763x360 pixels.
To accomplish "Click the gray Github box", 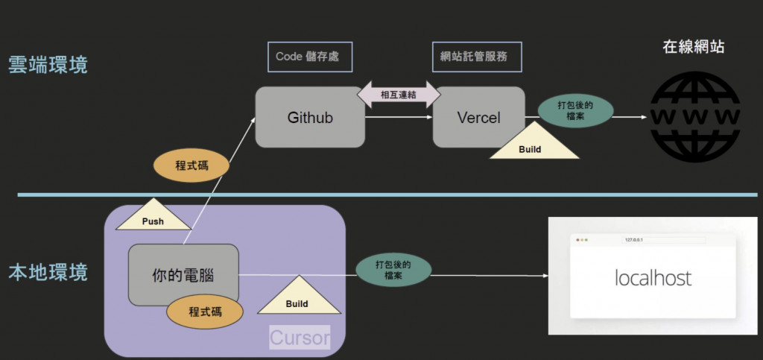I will pyautogui.click(x=310, y=117).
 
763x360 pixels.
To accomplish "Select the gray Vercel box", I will pyautogui.click(x=478, y=117).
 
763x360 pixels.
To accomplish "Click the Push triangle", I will pyautogui.click(x=153, y=217).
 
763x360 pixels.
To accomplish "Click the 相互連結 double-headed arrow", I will pyautogui.click(x=398, y=95).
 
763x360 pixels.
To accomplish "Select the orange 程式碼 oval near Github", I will pyautogui.click(x=191, y=165).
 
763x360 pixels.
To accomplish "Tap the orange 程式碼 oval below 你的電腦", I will pyautogui.click(x=205, y=312).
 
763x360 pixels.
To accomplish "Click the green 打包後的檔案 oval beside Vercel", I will pyautogui.click(x=575, y=110).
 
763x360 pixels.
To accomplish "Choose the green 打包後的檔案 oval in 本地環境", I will pyautogui.click(x=393, y=270).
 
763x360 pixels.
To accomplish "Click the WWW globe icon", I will pyautogui.click(x=694, y=117).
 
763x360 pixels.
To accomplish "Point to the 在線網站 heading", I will pyautogui.click(x=693, y=47).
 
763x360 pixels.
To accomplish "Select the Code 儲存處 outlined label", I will pyautogui.click(x=308, y=57).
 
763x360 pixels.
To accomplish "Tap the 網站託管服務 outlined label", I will pyautogui.click(x=476, y=57).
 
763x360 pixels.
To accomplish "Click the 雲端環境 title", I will pyautogui.click(x=48, y=64).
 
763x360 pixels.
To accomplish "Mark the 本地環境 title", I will pyautogui.click(x=48, y=272).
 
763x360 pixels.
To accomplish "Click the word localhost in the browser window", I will pyautogui.click(x=653, y=278).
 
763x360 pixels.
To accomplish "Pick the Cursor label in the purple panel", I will pyautogui.click(x=300, y=337).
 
